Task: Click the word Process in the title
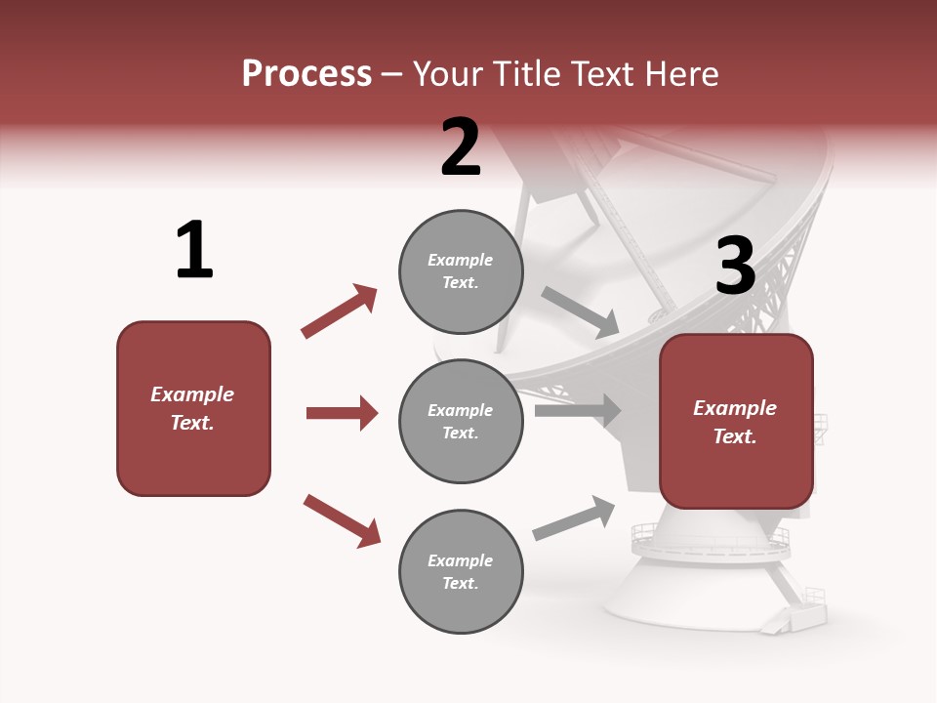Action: click(x=306, y=73)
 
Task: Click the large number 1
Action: click(x=194, y=251)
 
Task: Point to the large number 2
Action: click(x=461, y=147)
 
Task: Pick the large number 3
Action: click(x=735, y=266)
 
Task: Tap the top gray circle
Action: click(x=461, y=271)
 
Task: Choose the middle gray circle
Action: click(x=461, y=421)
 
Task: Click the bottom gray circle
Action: click(x=461, y=572)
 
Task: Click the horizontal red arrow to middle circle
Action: click(x=342, y=413)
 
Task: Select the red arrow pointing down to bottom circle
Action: click(x=342, y=519)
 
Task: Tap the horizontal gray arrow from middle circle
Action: click(x=578, y=411)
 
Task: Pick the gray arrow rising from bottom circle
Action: click(x=574, y=517)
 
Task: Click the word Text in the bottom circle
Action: click(x=461, y=583)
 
